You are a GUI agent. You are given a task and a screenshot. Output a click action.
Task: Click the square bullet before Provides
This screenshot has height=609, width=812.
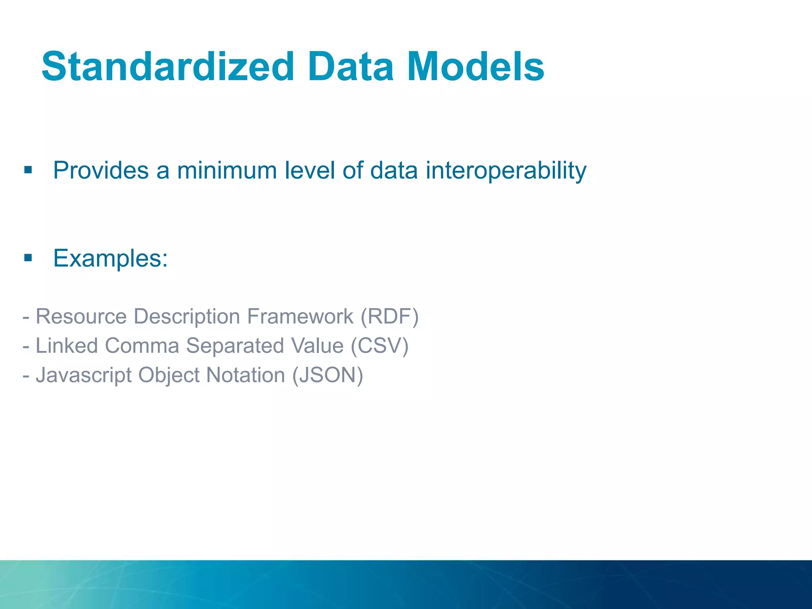pyautogui.click(x=28, y=170)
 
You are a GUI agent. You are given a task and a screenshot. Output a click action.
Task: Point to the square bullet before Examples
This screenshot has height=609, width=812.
pyautogui.click(x=28, y=258)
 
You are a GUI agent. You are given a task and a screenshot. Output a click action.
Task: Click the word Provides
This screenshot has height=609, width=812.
pyautogui.click(x=101, y=170)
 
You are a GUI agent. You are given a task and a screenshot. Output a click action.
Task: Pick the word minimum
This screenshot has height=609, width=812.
pyautogui.click(x=226, y=170)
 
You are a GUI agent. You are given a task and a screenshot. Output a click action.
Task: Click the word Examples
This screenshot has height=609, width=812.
pyautogui.click(x=110, y=259)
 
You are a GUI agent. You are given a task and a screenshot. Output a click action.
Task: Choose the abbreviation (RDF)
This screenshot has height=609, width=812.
pyautogui.click(x=389, y=316)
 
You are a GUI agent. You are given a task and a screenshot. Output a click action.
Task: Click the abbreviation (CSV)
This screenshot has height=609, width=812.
pyautogui.click(x=379, y=346)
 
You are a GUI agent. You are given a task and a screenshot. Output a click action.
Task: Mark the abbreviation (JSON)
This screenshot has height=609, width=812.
pyautogui.click(x=327, y=375)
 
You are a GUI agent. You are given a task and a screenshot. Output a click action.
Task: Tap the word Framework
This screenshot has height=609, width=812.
pyautogui.click(x=300, y=316)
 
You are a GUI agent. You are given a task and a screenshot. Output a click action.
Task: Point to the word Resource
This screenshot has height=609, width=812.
pyautogui.click(x=81, y=316)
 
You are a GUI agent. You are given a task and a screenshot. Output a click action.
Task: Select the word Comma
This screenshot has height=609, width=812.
pyautogui.click(x=142, y=346)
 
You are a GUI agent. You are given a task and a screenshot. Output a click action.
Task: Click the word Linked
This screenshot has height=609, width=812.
pyautogui.click(x=67, y=346)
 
